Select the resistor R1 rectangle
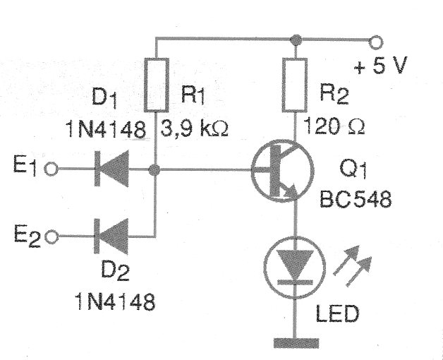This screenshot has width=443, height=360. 155,85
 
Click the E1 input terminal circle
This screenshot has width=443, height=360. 50,169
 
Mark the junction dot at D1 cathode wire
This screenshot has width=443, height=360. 155,169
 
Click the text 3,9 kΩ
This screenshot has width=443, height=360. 196,130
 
